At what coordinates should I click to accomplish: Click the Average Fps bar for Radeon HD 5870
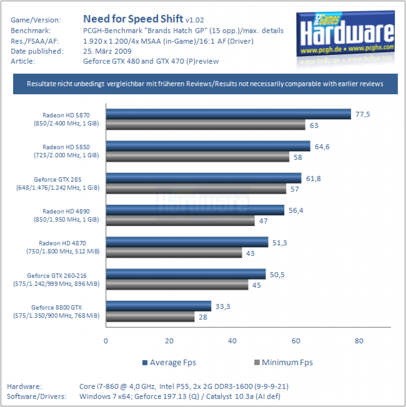coord(228,114)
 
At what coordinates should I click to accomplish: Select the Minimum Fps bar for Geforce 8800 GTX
coord(150,317)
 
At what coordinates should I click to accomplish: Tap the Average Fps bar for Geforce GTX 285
coord(204,178)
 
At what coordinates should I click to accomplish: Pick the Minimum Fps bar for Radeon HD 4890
coord(180,221)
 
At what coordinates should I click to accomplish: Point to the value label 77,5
coord(363,114)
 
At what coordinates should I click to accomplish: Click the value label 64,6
coord(322,147)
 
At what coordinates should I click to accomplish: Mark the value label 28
coord(203,317)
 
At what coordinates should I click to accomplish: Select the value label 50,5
coord(277,275)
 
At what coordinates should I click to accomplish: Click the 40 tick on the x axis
coord(232,341)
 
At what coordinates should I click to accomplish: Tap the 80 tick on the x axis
coord(359,341)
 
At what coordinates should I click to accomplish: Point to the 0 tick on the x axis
coord(106,341)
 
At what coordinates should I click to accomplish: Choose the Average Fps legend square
coord(145,362)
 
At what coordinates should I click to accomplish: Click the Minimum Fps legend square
coord(257,362)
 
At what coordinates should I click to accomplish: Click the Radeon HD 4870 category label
coord(62,247)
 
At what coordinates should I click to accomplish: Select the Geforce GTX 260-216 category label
coord(57,279)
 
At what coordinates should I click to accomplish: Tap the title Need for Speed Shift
coord(133,19)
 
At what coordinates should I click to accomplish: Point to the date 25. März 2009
coord(107,51)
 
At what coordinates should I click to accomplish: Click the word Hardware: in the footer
coord(24,386)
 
